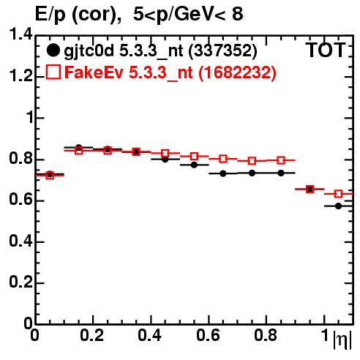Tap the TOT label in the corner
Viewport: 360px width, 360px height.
(326, 50)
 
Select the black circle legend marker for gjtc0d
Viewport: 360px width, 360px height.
(53, 50)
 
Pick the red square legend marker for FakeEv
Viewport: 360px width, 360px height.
(53, 72)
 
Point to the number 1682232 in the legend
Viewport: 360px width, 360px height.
(238, 72)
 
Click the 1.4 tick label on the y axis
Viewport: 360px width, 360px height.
(20, 34)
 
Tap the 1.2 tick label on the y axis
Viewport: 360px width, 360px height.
(20, 76)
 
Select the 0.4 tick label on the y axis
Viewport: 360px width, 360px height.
(20, 241)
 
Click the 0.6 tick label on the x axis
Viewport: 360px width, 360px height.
(208, 335)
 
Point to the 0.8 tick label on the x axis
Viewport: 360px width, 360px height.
(266, 335)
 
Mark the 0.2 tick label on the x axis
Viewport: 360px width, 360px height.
(92, 335)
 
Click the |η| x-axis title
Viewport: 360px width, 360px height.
(342, 340)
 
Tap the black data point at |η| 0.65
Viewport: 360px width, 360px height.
(223, 173)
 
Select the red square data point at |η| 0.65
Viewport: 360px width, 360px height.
(223, 159)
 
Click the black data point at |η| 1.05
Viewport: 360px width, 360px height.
(338, 206)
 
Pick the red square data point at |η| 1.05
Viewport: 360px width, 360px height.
(338, 194)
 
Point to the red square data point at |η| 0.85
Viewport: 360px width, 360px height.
(281, 160)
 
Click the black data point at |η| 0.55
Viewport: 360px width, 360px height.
(194, 165)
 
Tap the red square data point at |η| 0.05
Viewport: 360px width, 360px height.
(50, 176)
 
